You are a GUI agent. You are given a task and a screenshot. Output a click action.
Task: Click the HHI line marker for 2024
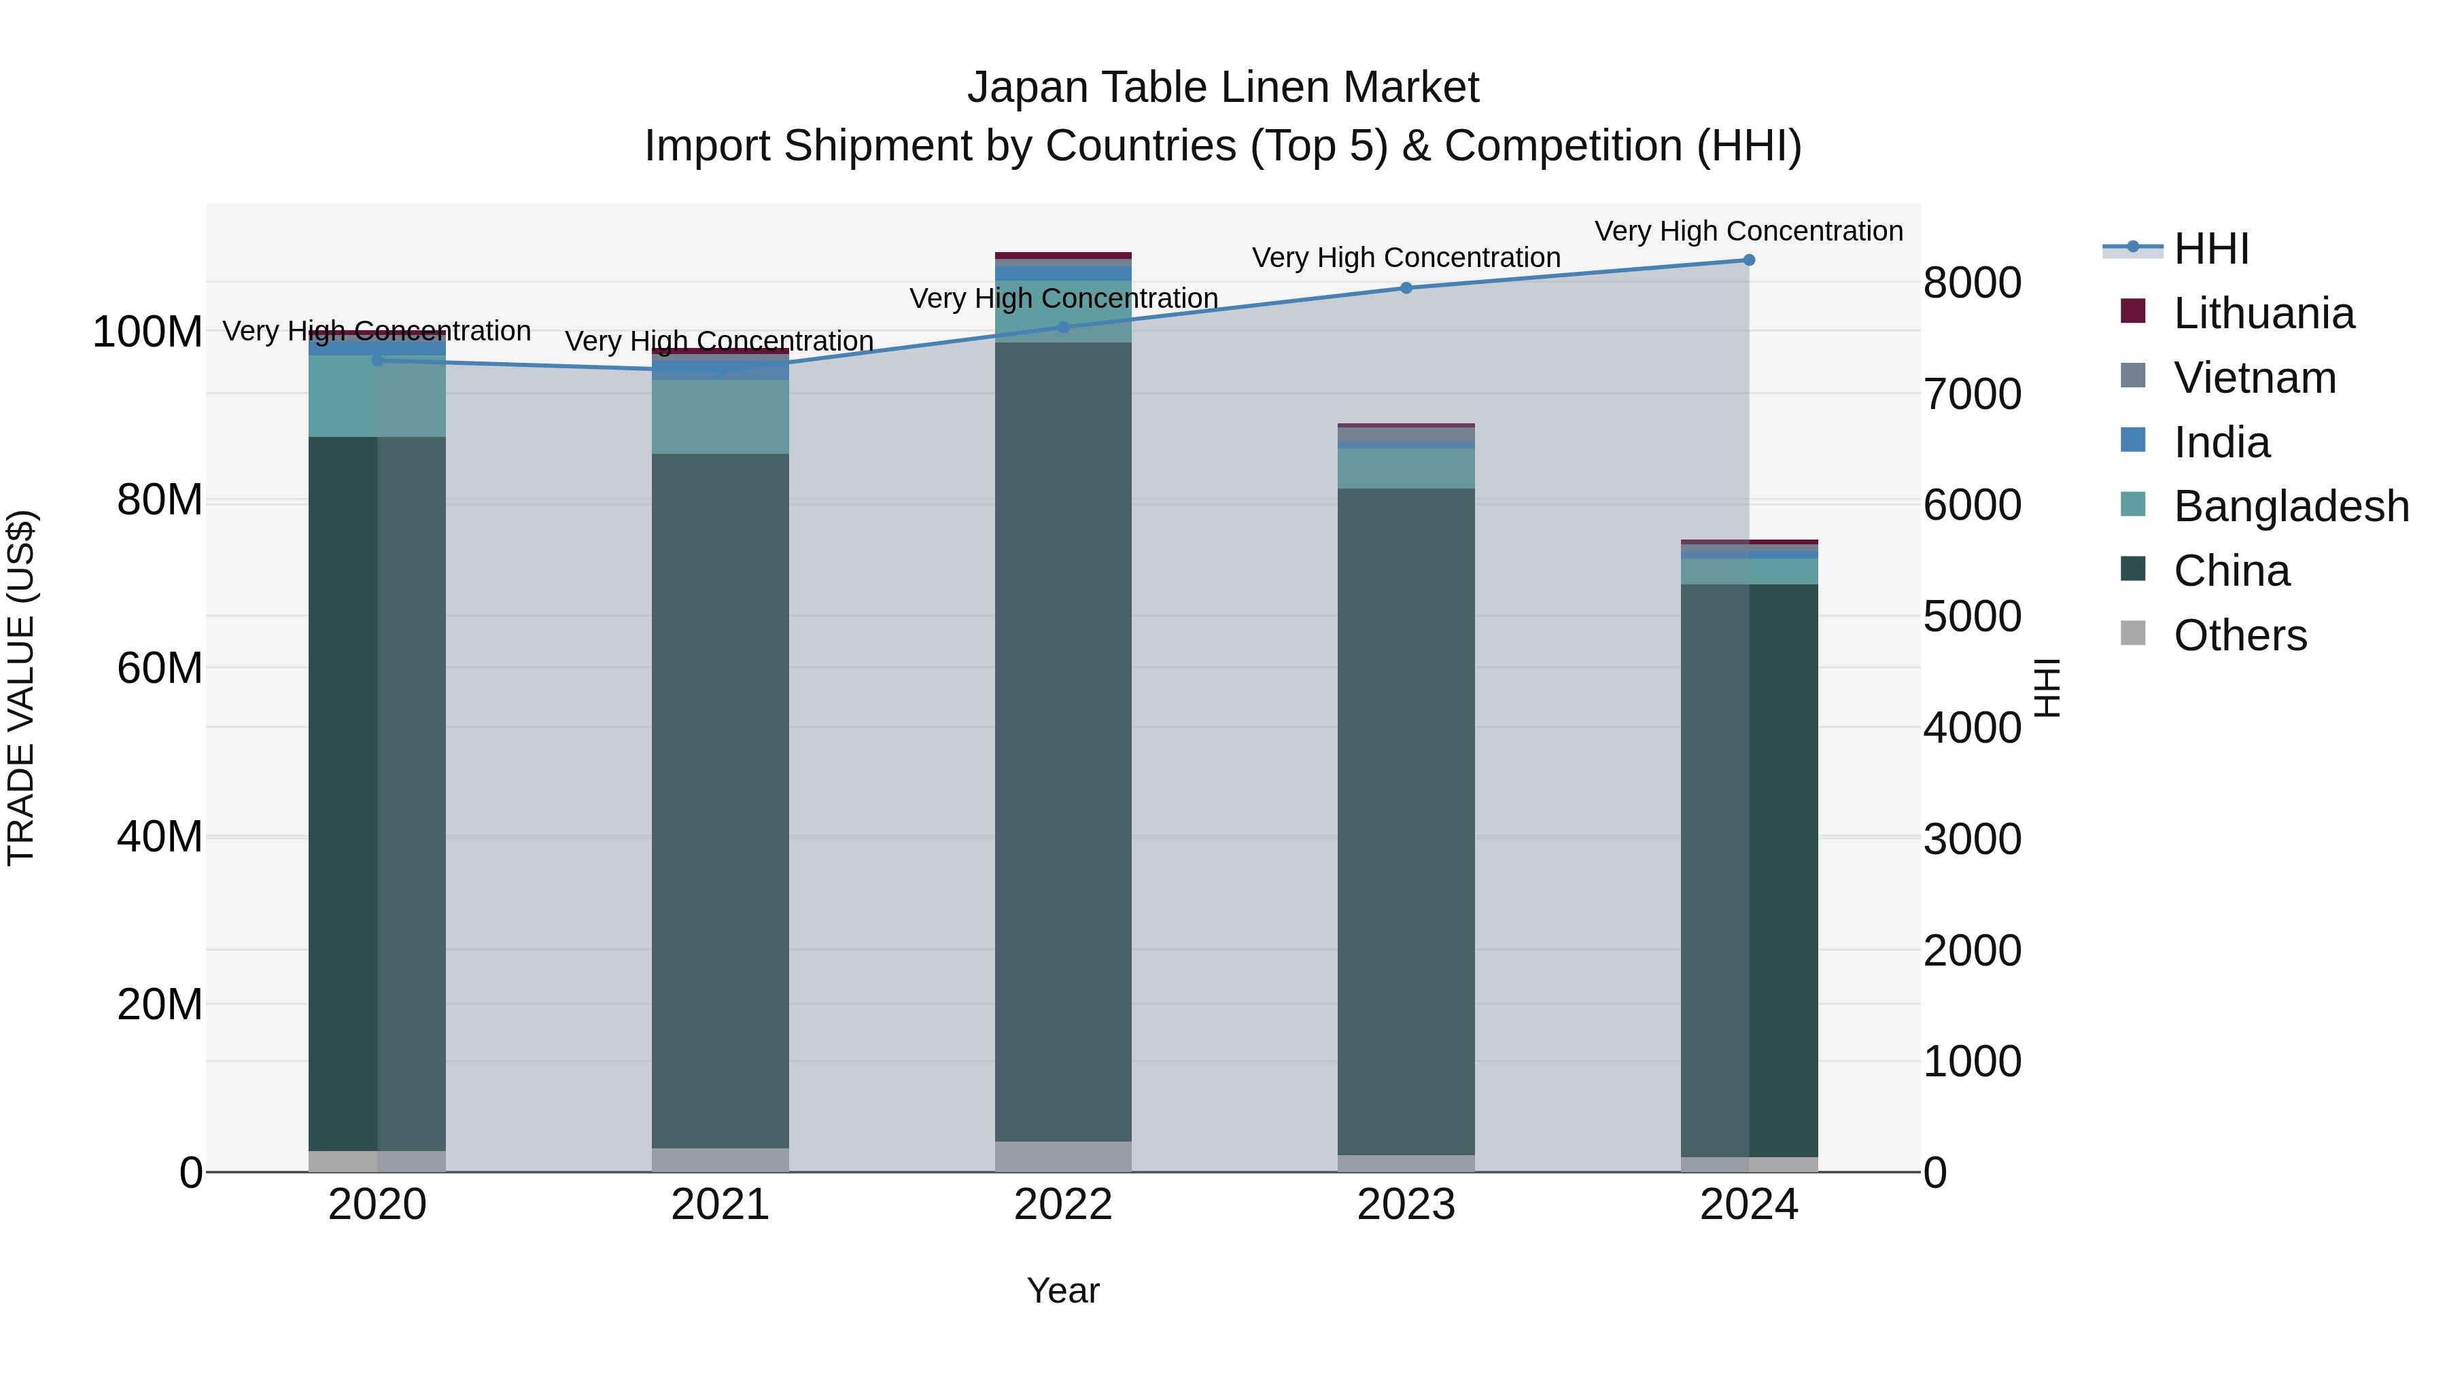point(1749,260)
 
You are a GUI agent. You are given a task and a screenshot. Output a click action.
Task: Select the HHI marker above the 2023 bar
point(1406,287)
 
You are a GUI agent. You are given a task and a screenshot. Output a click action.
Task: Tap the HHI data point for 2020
point(377,360)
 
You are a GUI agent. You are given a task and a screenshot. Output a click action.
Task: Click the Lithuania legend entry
point(2263,313)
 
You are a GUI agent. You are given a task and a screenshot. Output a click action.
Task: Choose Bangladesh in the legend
point(2290,506)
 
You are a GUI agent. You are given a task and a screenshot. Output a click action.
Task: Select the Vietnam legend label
point(2254,378)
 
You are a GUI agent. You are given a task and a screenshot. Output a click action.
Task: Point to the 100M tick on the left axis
point(147,332)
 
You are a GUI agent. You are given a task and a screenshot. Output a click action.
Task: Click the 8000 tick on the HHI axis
point(1972,283)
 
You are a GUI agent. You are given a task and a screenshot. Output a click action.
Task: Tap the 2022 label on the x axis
point(1063,1205)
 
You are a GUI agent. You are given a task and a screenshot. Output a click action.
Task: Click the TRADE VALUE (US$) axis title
point(21,688)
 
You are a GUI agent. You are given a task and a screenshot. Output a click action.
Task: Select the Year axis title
point(1063,1290)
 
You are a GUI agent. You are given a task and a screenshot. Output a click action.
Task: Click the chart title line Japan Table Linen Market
point(1223,88)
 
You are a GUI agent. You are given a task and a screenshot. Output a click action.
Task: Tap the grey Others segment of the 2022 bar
point(1063,1156)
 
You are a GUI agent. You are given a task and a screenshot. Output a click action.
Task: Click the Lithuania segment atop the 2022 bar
point(1063,255)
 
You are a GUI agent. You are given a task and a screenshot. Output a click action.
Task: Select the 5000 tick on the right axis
point(1972,617)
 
